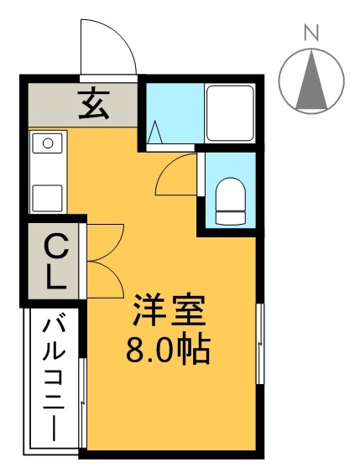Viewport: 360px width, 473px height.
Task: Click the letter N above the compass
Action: pos(312,34)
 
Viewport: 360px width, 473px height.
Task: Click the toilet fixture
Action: pos(228,200)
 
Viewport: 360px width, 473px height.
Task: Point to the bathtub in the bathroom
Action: pos(228,113)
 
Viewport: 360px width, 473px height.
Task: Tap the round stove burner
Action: pos(47,144)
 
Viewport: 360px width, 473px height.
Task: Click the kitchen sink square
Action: pos(47,198)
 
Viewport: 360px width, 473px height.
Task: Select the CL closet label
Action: pos(55,262)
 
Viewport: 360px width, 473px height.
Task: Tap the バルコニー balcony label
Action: pos(55,377)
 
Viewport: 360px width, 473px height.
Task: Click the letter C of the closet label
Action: pos(55,247)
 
